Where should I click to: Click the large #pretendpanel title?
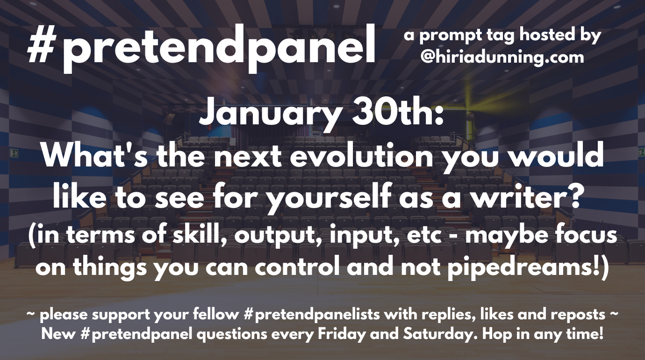point(201,48)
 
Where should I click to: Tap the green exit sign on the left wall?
point(13,152)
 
